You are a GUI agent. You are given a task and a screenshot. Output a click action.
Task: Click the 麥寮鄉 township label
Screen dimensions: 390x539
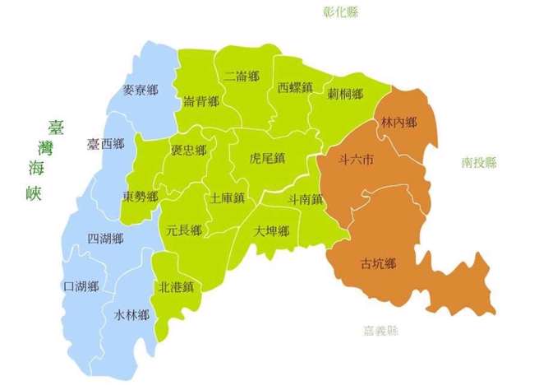(140, 91)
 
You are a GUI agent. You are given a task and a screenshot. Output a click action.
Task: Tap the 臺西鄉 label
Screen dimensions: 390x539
(105, 144)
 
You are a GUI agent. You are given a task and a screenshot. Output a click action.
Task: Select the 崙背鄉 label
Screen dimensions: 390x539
(201, 101)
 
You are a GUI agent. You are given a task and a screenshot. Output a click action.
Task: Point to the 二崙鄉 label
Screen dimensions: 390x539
(241, 77)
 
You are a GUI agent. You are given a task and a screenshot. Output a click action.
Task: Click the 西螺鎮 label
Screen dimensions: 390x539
(294, 86)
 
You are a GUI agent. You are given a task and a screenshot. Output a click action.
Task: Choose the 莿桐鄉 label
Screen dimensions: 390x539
(344, 94)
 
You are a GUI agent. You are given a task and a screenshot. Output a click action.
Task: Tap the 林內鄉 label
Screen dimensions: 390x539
(399, 123)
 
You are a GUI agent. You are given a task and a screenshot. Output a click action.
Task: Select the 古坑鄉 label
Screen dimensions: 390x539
(379, 264)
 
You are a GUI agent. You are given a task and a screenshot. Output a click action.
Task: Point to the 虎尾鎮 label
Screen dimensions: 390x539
(268, 157)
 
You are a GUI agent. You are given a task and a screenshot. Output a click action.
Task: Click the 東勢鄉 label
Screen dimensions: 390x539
(141, 197)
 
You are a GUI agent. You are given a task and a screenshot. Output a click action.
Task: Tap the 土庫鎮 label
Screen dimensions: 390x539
(228, 198)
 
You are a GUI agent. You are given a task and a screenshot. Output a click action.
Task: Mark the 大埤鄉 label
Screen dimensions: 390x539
(271, 230)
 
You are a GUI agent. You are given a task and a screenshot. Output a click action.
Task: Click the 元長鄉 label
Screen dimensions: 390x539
(183, 230)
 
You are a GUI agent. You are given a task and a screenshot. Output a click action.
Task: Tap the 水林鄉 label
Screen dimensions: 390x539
(131, 315)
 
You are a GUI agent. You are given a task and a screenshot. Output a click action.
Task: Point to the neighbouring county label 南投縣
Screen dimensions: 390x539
(480, 163)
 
